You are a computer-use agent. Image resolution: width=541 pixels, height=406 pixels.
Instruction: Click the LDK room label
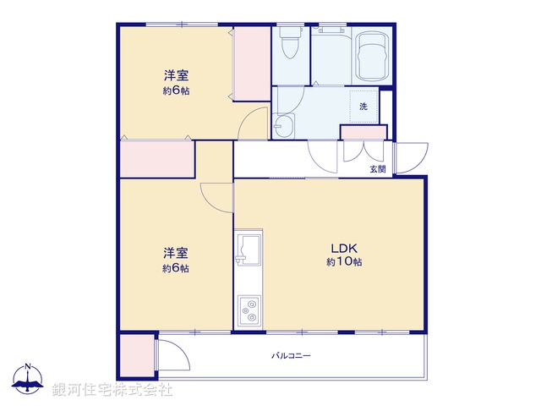(345, 248)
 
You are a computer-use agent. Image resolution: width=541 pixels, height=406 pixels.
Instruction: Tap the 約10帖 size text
(345, 262)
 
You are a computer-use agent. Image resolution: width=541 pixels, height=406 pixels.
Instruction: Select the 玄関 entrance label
(377, 169)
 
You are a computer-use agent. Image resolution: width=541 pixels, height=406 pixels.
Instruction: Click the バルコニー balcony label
(291, 356)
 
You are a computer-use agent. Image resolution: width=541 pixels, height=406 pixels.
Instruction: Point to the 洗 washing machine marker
(363, 107)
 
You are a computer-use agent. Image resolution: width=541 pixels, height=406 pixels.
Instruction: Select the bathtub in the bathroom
(369, 55)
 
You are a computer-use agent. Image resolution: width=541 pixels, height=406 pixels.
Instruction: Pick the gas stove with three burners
(249, 310)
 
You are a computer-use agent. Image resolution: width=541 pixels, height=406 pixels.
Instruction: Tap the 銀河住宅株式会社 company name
(112, 390)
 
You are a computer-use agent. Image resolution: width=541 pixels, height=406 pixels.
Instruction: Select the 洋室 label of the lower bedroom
(175, 253)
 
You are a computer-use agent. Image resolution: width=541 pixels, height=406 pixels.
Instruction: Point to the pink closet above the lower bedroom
(157, 159)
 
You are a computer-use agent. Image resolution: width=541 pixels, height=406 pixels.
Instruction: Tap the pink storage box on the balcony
(136, 356)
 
